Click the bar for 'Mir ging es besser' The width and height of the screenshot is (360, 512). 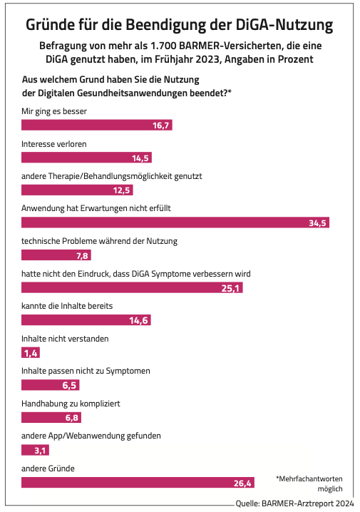point(97,125)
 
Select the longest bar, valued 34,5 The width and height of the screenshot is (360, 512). point(175,222)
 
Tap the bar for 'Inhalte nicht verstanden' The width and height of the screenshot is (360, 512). point(31,353)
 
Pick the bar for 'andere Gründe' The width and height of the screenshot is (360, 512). point(138,483)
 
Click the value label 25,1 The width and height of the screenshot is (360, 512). point(230,288)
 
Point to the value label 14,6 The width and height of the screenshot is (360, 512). point(138,321)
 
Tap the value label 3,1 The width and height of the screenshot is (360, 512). point(40,451)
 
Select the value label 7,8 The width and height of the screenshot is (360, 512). point(82,256)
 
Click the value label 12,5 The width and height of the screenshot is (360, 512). point(121,190)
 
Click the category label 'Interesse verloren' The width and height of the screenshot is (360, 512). point(54,144)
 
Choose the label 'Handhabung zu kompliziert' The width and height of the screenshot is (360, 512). point(71,404)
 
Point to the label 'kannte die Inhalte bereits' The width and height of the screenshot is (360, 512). point(67,306)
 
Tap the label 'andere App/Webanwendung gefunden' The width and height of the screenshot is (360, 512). point(91,436)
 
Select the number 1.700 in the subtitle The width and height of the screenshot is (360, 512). point(163,46)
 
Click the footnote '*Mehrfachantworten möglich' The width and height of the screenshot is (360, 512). point(309,483)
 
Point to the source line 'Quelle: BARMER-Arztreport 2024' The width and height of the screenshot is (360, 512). point(294,503)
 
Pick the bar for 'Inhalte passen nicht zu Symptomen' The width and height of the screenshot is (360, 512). point(51,385)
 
